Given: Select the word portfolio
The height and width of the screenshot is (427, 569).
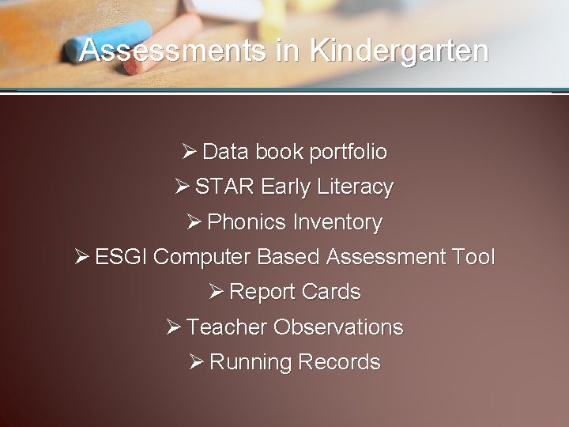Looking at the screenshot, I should [349, 151].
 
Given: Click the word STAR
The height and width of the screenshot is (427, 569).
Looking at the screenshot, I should [224, 187].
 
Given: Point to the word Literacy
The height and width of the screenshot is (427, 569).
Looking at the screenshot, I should [355, 187].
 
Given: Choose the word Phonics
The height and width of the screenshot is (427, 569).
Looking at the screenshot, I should [246, 222].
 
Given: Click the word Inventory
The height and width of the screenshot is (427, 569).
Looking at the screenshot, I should [337, 222].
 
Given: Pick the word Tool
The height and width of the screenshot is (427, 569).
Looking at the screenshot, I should [473, 257].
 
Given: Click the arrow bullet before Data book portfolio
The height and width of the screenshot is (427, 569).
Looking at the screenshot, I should [189, 151].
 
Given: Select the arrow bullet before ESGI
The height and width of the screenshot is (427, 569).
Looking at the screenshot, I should [81, 257].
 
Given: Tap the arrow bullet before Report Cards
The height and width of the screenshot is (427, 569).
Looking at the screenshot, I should [216, 292].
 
